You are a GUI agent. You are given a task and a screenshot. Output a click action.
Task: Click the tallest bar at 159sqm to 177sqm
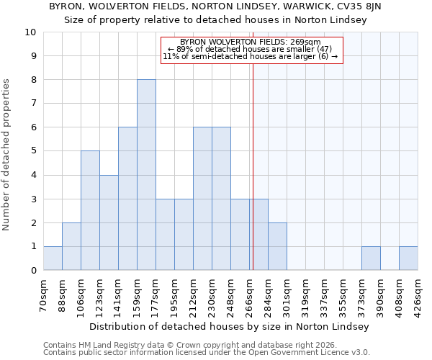click(x=146, y=175)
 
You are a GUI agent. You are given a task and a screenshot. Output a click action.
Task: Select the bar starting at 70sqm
click(x=53, y=258)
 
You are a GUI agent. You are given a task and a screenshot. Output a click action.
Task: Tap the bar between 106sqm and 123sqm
click(x=90, y=210)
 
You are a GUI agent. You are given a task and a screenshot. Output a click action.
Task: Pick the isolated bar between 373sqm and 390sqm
click(x=371, y=258)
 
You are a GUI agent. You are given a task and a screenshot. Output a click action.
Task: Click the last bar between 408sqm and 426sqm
click(x=408, y=258)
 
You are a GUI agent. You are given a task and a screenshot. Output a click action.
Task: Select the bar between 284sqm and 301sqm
click(x=277, y=246)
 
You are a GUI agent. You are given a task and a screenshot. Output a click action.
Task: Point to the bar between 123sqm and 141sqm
click(x=109, y=222)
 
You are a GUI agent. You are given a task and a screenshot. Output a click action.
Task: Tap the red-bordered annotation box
click(x=250, y=50)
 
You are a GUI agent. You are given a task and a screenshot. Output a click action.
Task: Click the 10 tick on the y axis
click(x=32, y=32)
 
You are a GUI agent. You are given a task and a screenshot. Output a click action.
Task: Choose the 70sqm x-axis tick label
click(x=44, y=293)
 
